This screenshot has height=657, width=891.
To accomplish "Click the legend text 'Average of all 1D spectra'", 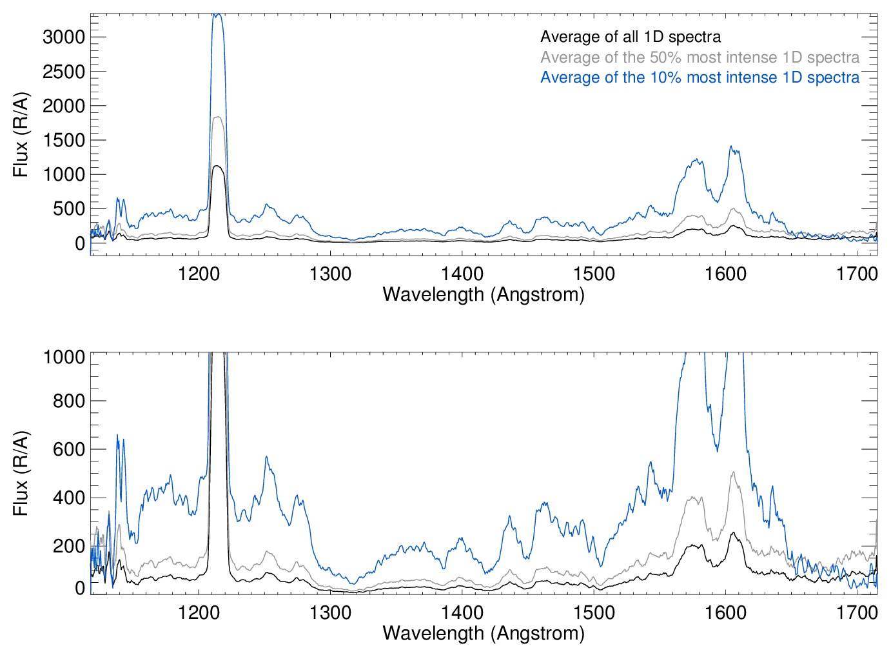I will point(630,37).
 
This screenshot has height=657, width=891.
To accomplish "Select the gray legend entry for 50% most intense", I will point(700,57).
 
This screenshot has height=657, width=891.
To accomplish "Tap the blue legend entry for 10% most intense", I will point(700,77).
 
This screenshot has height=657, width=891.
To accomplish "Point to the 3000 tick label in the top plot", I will point(64,37).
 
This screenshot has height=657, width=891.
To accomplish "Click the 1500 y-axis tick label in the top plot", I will point(64,140).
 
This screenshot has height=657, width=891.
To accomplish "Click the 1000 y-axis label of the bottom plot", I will point(64,356).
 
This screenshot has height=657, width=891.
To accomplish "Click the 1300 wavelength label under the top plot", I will point(330,274).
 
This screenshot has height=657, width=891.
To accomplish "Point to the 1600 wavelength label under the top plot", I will point(725,274).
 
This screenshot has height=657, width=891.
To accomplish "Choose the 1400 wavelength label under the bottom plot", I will point(462,612).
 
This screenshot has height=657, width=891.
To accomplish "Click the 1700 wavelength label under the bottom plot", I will point(857,612).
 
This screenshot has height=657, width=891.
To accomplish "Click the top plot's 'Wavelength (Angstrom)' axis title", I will point(484,294).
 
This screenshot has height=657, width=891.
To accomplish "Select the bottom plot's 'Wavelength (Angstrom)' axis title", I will point(484,633).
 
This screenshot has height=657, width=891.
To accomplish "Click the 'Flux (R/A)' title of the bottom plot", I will point(21,473).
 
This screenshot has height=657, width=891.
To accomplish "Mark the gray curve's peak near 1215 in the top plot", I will point(217,117).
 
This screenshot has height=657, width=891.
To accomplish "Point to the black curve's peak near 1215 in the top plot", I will point(217,166).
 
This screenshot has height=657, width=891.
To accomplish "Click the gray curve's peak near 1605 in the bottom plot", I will point(733,472).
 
